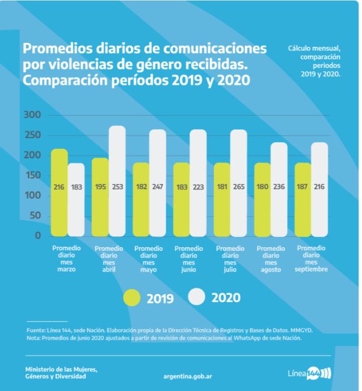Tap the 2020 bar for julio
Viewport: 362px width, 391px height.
(x=238, y=183)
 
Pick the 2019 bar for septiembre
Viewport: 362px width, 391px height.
(x=303, y=199)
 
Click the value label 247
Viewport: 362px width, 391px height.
(x=157, y=187)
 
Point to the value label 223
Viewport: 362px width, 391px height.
(x=197, y=187)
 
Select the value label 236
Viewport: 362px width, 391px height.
(x=279, y=187)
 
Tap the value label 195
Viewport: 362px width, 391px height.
(x=100, y=187)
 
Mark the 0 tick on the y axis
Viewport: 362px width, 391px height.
(x=37, y=236)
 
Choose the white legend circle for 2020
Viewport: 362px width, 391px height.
(x=197, y=297)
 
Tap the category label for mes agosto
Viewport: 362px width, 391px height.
(x=271, y=258)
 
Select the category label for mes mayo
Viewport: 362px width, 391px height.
(x=148, y=258)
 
